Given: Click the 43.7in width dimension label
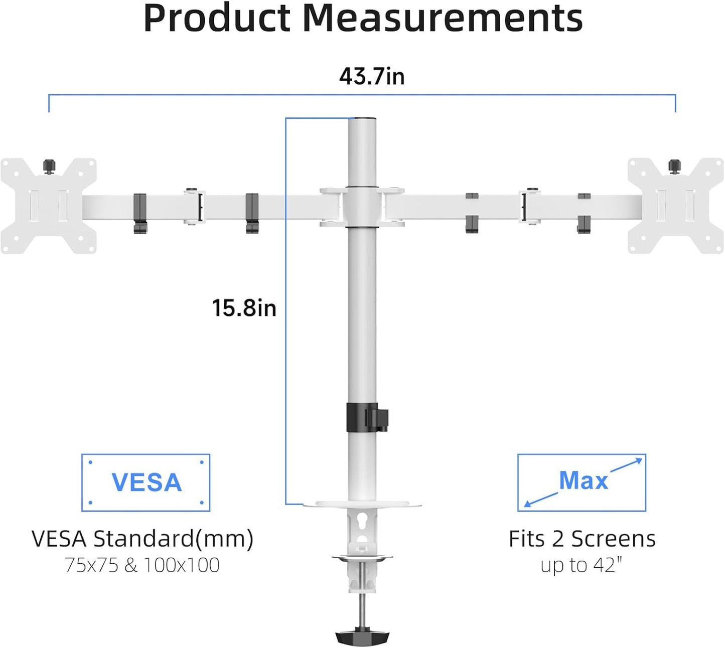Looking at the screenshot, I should [372, 77].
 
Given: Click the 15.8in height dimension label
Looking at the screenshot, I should [244, 307].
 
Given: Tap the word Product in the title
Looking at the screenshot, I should [217, 19].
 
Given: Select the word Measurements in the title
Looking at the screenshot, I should [443, 19].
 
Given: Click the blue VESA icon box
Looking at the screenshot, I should [146, 482].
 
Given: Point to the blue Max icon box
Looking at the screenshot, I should [582, 482].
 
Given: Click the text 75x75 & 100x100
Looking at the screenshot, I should [142, 565].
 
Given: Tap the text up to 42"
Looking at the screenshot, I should [581, 565].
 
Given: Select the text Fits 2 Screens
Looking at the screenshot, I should [582, 539].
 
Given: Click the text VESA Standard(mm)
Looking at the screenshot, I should [142, 539].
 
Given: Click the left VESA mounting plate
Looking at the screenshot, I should [48, 206].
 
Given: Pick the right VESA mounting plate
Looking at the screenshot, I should [676, 206].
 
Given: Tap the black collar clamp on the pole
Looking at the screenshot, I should [367, 417].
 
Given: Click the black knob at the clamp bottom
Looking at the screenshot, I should [362, 637].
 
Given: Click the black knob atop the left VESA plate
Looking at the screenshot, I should [49, 166].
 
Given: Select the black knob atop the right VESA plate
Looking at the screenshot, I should [675, 166].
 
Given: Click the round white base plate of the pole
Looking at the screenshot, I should [362, 504].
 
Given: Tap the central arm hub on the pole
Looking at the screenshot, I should [362, 207].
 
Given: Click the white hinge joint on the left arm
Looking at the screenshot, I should [194, 207].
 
